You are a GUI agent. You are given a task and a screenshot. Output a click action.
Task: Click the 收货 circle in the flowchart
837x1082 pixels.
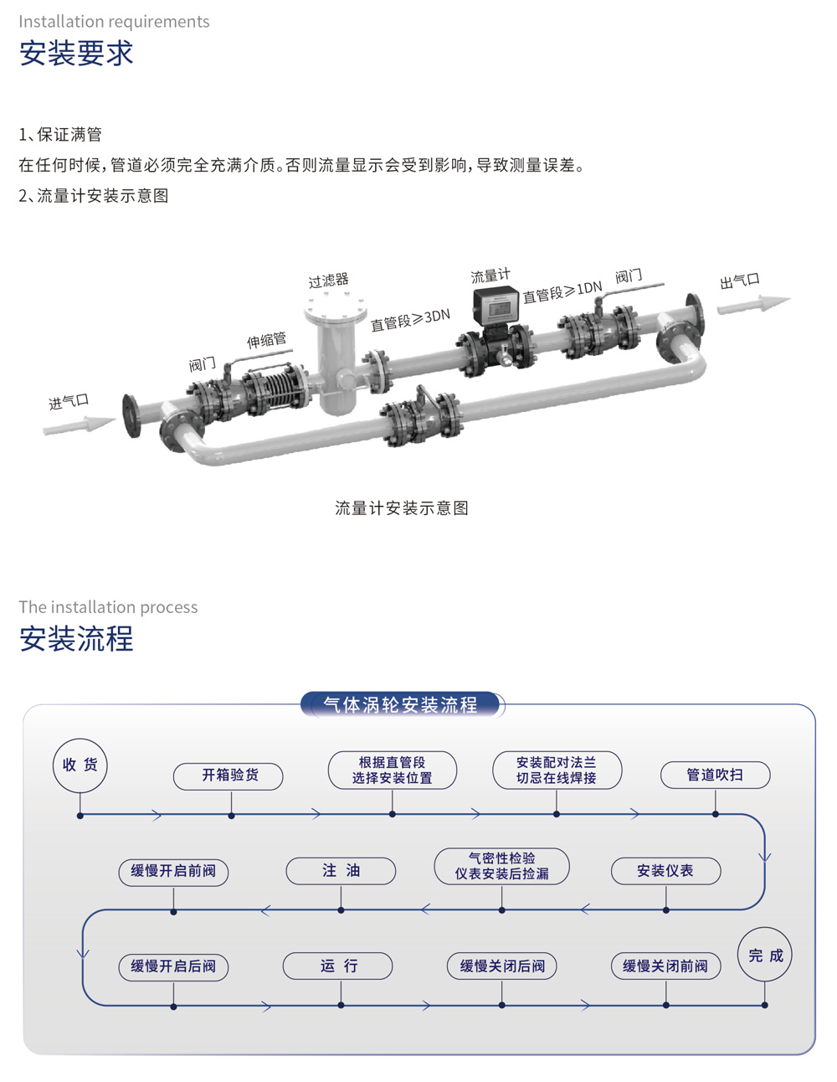(80, 765)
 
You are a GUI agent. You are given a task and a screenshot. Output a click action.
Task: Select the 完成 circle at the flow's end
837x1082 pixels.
(765, 955)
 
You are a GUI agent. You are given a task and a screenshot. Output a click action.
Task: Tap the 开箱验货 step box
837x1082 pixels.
(229, 775)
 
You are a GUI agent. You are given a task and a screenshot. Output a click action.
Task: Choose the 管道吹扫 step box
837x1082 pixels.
(715, 775)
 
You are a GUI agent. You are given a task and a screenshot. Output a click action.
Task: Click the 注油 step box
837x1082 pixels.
(341, 871)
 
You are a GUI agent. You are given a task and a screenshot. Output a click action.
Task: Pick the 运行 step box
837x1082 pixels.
(338, 966)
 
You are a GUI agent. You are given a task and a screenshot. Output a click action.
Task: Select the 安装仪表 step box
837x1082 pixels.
(665, 871)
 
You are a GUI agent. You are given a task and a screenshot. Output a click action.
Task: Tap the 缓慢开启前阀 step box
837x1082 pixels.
(173, 871)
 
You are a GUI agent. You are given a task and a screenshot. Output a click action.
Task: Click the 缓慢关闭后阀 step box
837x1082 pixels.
(502, 966)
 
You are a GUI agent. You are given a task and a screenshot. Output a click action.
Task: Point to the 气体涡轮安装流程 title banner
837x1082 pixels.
(402, 705)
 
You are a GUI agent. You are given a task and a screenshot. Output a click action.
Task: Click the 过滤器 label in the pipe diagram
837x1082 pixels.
(328, 281)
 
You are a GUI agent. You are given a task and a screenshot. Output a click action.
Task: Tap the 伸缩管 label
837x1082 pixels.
(266, 340)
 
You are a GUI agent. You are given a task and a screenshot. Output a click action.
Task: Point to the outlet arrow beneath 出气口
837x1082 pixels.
(752, 305)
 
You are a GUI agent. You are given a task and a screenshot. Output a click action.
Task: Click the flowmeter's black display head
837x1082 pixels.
(496, 306)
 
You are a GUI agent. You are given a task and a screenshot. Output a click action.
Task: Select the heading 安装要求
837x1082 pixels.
(76, 54)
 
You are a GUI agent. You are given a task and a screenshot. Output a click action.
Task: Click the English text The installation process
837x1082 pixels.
(108, 607)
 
